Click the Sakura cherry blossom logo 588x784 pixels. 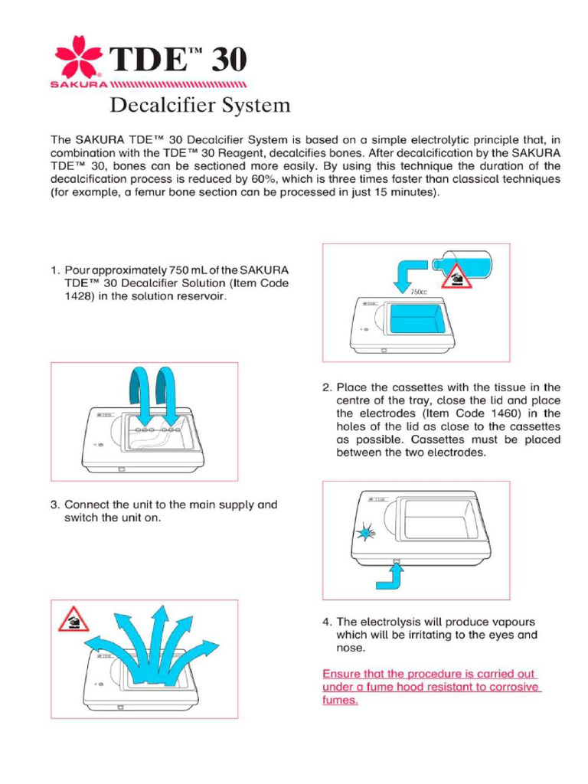[79, 56]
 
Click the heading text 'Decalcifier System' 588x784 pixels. [201, 105]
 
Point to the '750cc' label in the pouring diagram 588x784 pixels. [417, 292]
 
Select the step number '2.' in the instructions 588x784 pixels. [327, 387]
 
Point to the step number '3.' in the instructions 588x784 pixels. [56, 505]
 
